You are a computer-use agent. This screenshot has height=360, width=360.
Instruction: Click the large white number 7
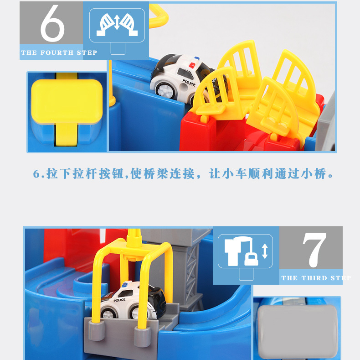coord(314,250)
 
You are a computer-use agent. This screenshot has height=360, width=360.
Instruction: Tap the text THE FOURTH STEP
coord(59,53)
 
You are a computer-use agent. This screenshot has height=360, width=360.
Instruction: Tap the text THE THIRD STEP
coord(316,278)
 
